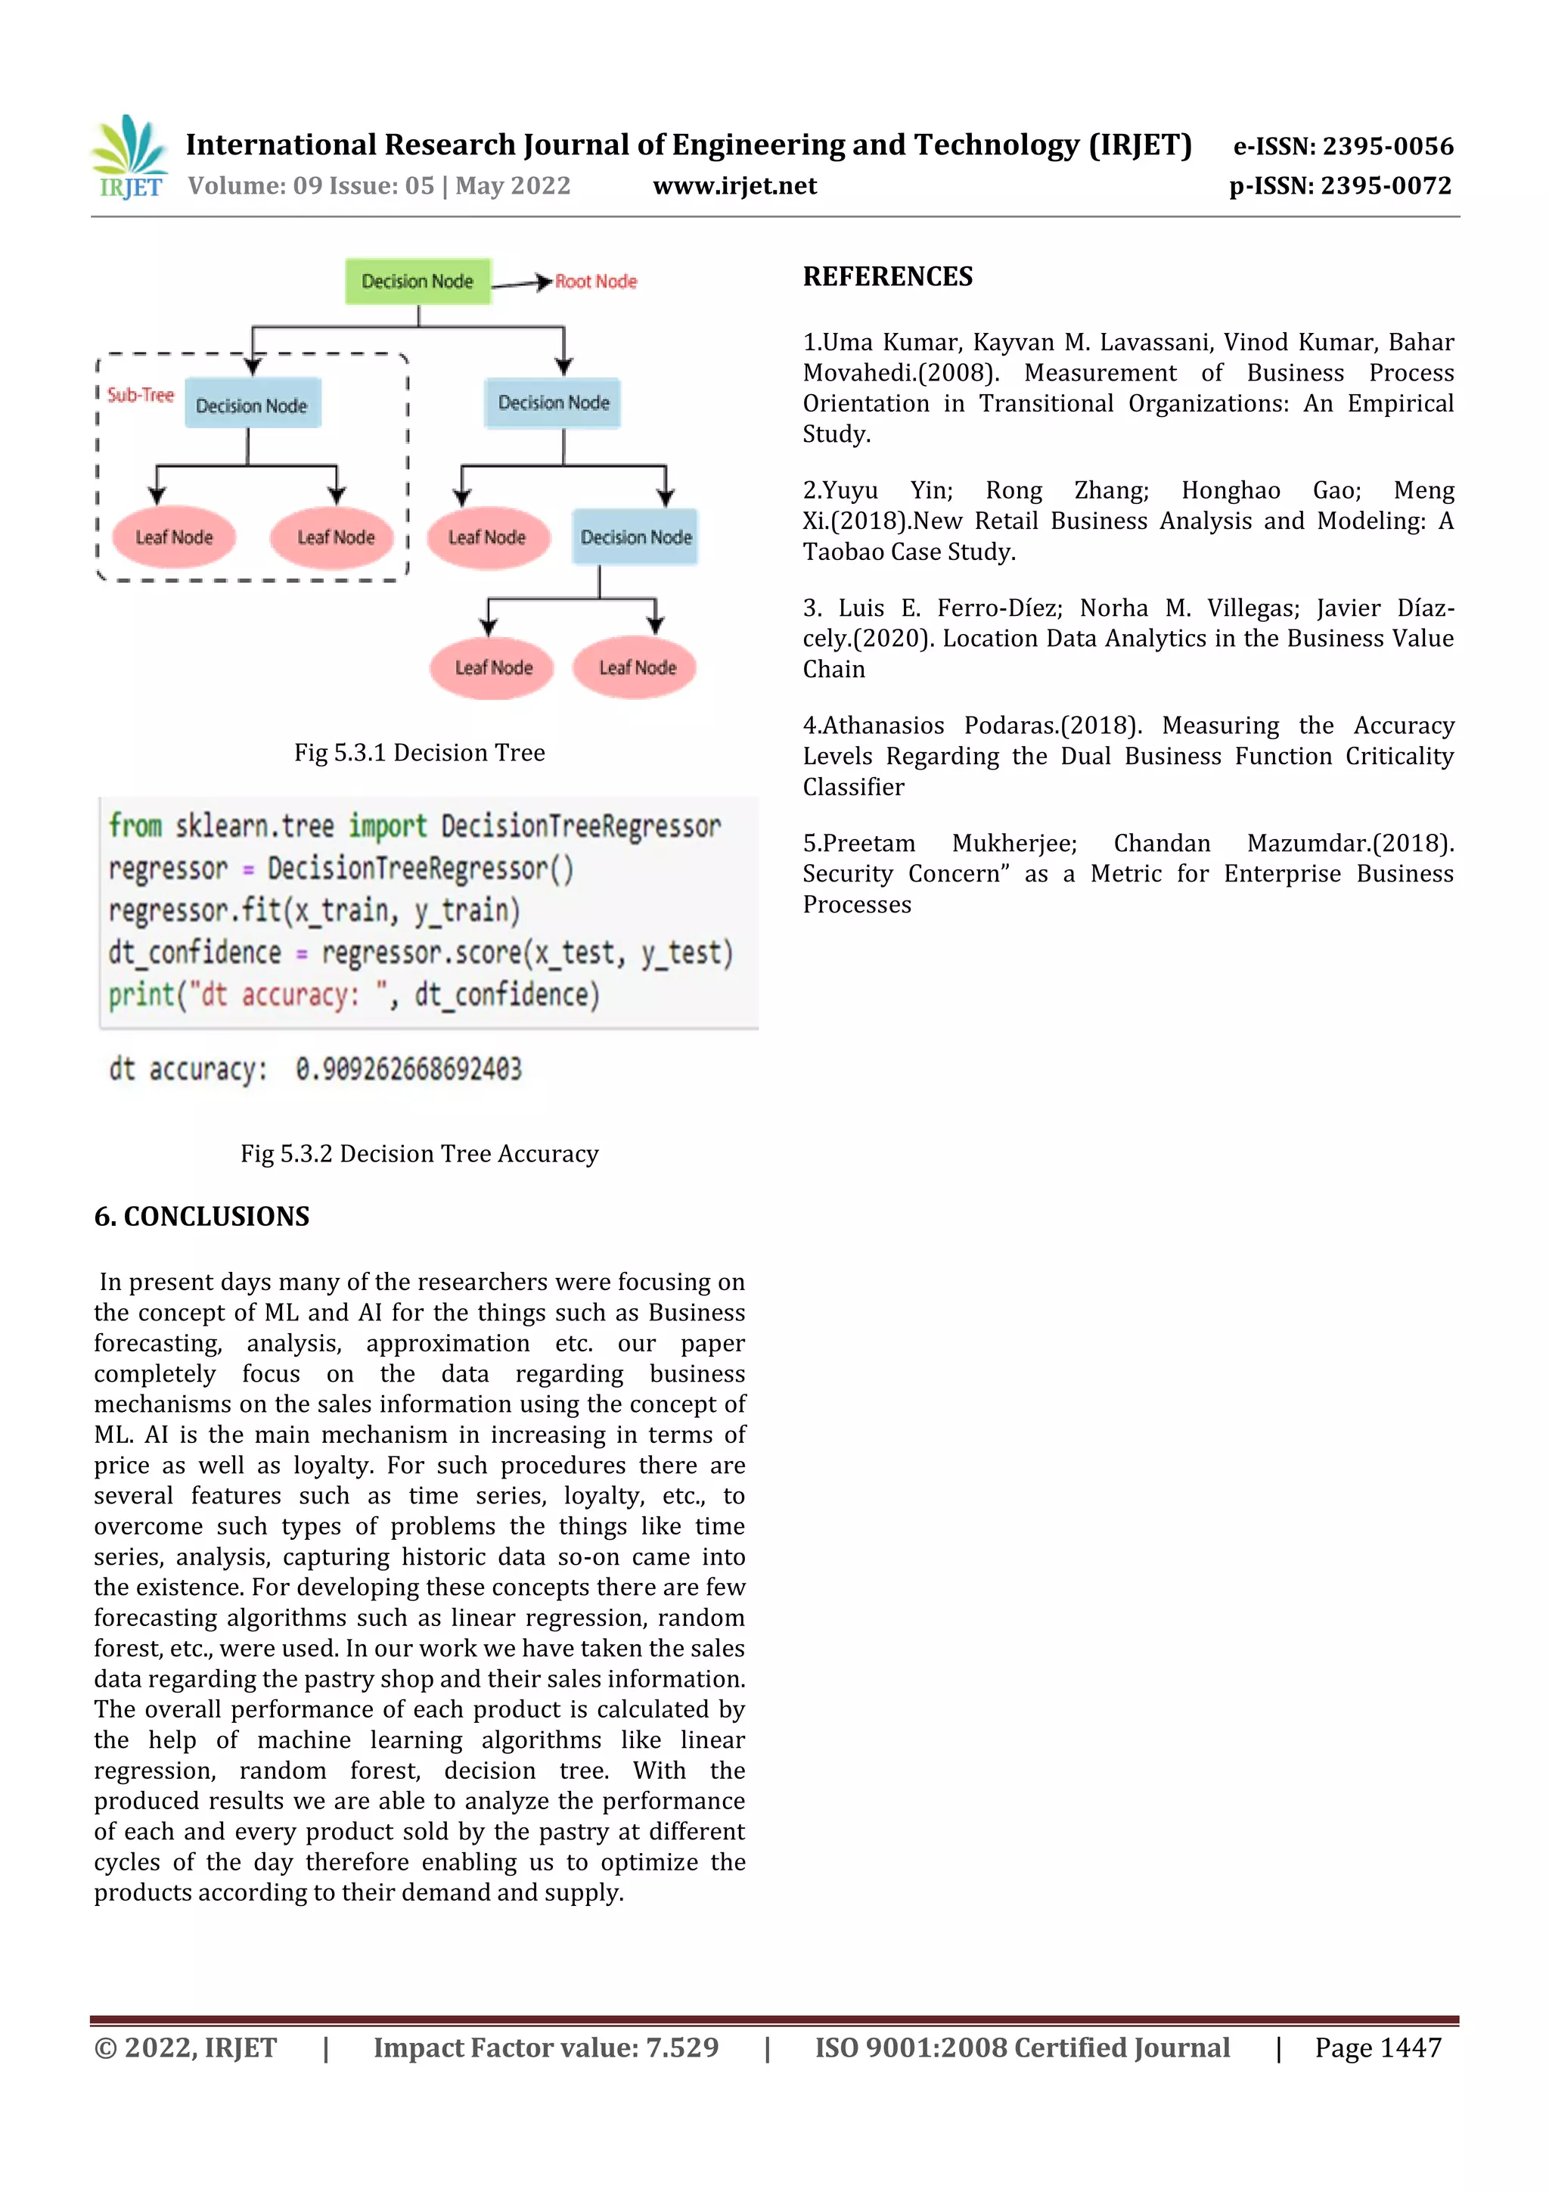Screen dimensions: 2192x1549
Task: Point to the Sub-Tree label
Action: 140,395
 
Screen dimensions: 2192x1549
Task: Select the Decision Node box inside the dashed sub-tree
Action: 252,406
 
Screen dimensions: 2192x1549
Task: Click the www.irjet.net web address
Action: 734,186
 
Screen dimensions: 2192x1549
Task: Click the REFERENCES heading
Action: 888,277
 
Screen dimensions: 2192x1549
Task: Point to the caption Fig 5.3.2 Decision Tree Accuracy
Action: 419,1154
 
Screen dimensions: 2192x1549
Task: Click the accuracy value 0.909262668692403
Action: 408,1069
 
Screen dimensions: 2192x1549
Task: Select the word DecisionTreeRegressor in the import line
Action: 580,825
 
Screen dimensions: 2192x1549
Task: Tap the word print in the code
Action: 135,995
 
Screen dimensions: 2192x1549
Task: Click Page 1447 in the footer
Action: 1377,2047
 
